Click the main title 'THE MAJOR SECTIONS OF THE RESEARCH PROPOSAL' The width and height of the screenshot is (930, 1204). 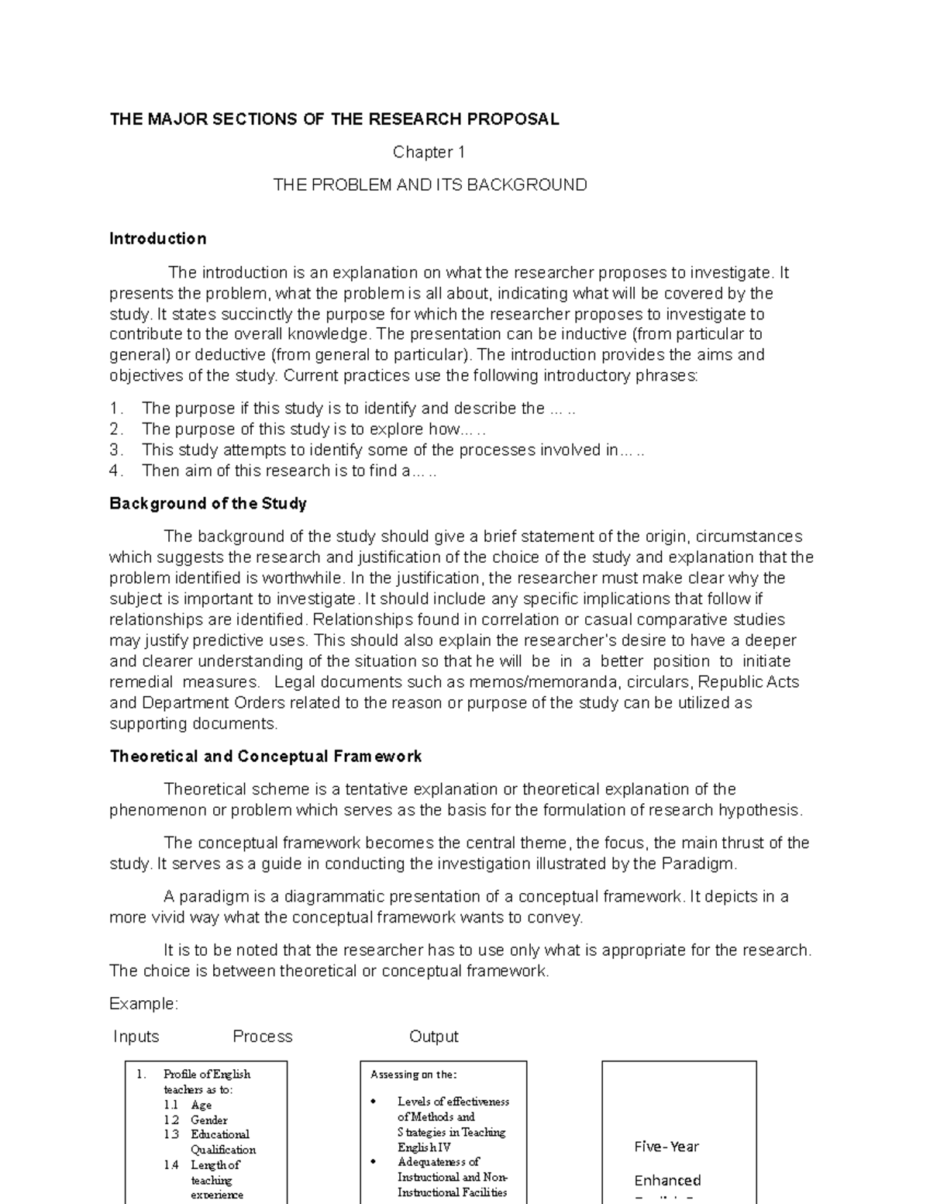pos(334,119)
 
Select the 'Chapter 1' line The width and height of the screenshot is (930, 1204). pos(429,152)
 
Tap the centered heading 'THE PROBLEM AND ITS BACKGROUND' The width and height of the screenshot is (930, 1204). pos(429,185)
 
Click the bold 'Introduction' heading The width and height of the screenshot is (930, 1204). pos(158,239)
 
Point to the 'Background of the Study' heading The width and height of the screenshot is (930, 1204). pos(208,504)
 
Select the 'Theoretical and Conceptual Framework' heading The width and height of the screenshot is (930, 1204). pos(266,757)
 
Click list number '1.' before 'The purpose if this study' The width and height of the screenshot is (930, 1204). pos(116,409)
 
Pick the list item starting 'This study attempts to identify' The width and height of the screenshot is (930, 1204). pos(393,450)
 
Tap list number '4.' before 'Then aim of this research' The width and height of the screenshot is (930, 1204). pos(116,471)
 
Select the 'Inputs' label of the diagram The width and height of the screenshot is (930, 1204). pos(136,1037)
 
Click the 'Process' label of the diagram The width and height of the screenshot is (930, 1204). pos(263,1037)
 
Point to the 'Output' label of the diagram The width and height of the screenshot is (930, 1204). pos(434,1037)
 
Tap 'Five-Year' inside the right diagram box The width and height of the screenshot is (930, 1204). pos(666,1147)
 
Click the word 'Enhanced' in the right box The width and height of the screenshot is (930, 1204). pos(667,1181)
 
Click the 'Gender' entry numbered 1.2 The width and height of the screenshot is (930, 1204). pos(209,1120)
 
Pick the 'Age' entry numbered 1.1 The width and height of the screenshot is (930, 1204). pos(201,1105)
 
